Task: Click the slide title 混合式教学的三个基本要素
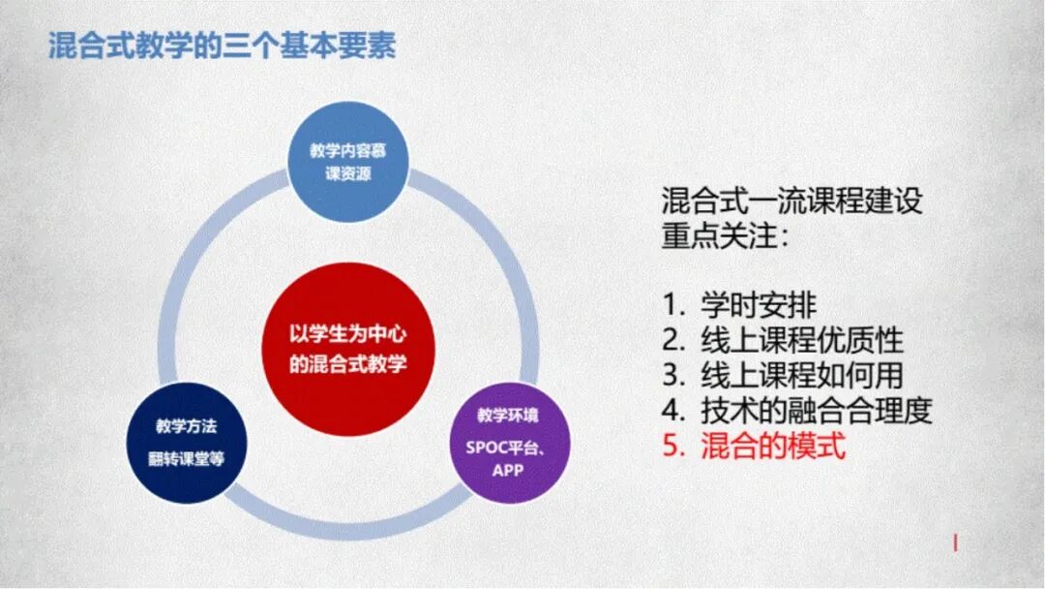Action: (222, 46)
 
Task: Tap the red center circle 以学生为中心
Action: (348, 350)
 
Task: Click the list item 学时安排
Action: (760, 305)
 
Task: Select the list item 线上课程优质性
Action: (802, 340)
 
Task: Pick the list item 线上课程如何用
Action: (802, 375)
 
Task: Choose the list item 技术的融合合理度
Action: (817, 410)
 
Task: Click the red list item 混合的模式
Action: (773, 446)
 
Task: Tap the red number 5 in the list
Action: (672, 446)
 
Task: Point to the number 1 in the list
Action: (671, 305)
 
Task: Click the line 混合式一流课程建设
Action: (792, 201)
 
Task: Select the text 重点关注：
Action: (726, 236)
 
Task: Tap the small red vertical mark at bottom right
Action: (955, 543)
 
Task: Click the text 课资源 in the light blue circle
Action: (347, 175)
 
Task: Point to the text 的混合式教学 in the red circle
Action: (349, 364)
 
